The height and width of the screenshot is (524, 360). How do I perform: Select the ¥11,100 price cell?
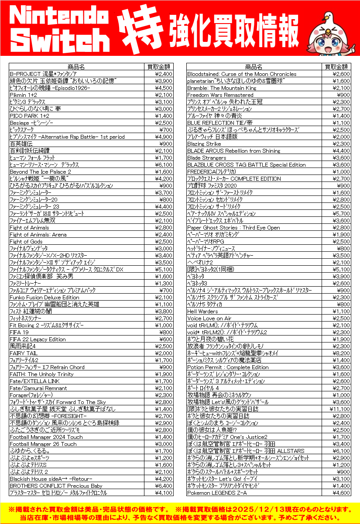pyautogui.click(x=339, y=409)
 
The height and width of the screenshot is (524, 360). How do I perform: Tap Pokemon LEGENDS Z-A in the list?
pyautogui.click(x=217, y=493)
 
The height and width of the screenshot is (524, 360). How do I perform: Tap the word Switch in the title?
pyautogui.click(x=60, y=41)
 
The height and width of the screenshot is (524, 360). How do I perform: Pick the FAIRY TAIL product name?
pyautogui.click(x=24, y=353)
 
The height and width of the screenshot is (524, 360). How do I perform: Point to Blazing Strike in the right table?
pyautogui.click(x=204, y=144)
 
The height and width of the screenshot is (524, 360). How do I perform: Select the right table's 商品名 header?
pyautogui.click(x=254, y=67)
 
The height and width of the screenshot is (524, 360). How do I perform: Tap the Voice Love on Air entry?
pyautogui.click(x=209, y=318)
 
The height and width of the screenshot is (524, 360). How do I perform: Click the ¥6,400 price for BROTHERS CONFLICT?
pyautogui.click(x=164, y=486)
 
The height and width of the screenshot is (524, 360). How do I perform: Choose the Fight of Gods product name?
pyautogui.click(x=26, y=241)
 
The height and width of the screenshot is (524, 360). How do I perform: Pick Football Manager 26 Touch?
pyautogui.click(x=43, y=444)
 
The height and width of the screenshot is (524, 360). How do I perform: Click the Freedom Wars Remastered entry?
pyautogui.click(x=220, y=95)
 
